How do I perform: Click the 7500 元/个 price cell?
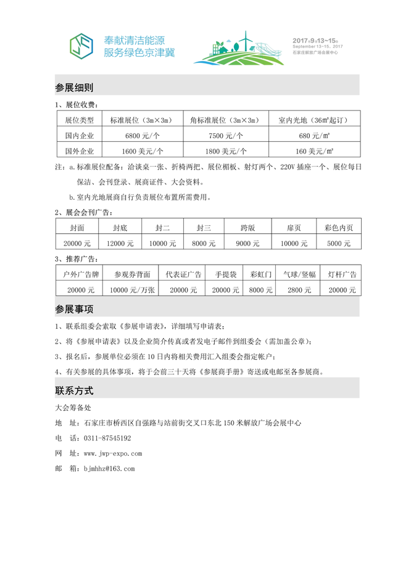226,135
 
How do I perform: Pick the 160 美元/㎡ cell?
314,150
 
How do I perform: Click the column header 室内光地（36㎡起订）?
314,120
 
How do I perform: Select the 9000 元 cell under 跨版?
247,244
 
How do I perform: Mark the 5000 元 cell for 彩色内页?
338,244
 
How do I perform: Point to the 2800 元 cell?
299,289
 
